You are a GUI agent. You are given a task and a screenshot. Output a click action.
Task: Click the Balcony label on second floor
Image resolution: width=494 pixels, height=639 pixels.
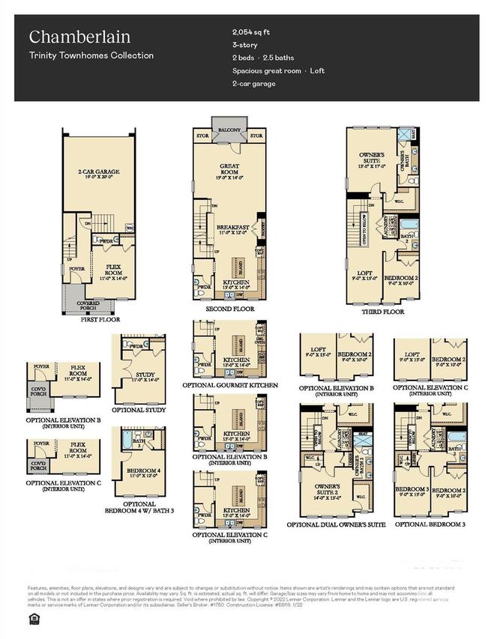(229, 130)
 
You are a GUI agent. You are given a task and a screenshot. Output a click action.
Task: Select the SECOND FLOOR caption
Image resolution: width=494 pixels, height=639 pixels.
(229, 309)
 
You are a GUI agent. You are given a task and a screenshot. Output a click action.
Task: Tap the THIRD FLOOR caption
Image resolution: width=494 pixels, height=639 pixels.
(382, 311)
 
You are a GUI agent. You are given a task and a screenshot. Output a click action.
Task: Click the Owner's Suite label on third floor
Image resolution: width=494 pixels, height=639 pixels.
(372, 161)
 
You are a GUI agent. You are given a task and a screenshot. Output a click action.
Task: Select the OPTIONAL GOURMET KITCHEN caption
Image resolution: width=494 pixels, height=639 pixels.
(229, 385)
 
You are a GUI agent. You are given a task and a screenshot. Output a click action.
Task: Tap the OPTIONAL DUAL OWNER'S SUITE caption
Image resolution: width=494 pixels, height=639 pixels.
(342, 524)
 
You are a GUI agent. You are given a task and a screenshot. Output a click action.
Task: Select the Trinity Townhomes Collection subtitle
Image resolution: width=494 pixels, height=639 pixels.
(91, 55)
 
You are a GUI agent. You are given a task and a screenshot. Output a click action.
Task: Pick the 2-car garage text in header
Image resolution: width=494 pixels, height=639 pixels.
(253, 83)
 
